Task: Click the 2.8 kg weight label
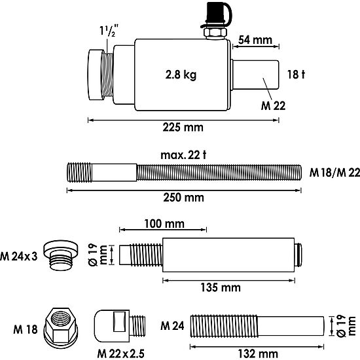point(181,74)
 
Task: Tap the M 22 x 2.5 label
point(120,354)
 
